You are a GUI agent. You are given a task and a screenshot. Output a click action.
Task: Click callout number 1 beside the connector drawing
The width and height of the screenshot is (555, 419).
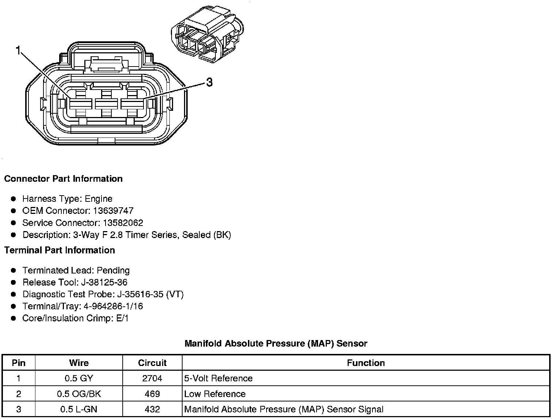point(18,50)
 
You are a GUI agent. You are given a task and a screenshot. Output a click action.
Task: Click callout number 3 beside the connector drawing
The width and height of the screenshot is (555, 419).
point(209,83)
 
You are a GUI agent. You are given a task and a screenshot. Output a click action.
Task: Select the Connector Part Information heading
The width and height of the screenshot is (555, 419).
point(63,179)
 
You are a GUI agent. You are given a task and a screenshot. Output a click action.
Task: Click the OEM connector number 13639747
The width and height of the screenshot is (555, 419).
point(113,211)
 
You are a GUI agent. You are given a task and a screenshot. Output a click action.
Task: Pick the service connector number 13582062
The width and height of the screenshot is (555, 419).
point(123,223)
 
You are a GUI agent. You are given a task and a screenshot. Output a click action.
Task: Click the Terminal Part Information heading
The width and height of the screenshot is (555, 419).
point(60,250)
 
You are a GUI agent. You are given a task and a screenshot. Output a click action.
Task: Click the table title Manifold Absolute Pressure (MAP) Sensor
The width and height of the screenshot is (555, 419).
point(276,344)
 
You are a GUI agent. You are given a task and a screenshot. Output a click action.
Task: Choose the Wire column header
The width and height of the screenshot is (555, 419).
point(79,363)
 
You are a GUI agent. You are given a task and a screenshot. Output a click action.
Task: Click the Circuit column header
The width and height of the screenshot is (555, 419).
point(152,363)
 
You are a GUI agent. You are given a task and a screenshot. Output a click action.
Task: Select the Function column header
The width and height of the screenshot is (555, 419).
point(366,363)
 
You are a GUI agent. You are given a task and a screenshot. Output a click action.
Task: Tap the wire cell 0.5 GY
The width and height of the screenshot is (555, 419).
point(79,378)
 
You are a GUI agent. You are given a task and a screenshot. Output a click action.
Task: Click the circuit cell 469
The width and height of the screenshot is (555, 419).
point(152,394)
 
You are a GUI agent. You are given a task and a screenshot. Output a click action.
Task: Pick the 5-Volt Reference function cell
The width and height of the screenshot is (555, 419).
point(218,378)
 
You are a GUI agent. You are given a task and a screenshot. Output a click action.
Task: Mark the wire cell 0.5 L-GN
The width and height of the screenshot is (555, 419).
point(79,409)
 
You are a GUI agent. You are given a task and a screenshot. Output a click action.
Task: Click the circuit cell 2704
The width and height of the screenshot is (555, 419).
point(152,378)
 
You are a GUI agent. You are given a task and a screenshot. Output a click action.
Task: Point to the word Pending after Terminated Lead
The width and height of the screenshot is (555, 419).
point(113,271)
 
